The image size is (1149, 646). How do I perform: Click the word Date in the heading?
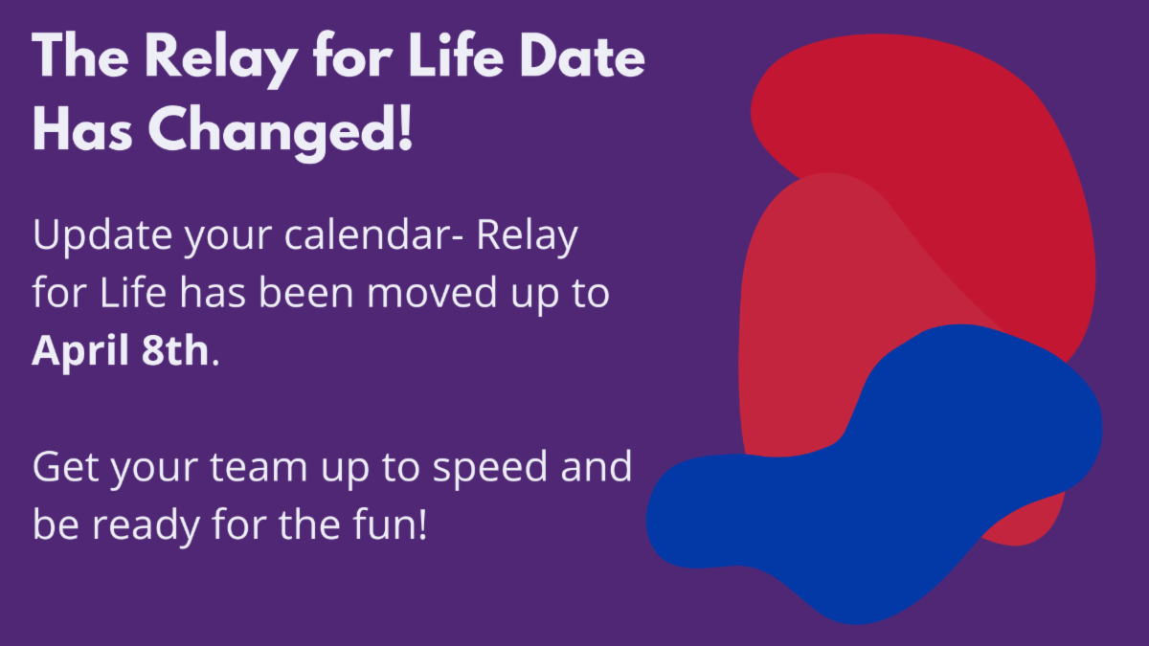582,56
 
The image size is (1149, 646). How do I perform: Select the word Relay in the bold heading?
221,59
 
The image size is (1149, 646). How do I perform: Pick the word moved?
432,293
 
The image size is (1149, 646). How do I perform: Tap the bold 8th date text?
175,350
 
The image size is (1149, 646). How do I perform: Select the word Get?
66,467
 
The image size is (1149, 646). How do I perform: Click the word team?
259,468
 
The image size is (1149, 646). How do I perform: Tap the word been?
306,293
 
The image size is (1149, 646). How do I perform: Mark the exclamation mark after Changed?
405,128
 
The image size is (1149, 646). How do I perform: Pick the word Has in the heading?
82,128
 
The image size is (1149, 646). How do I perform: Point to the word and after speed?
596,467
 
